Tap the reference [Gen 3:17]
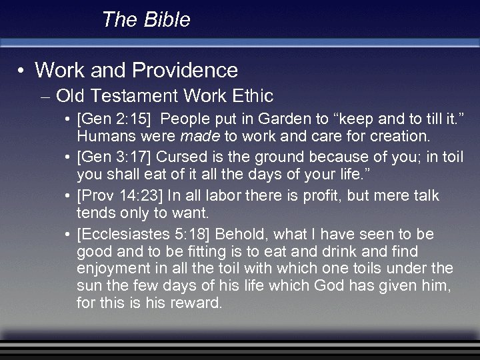click(x=113, y=157)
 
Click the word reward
click(x=199, y=304)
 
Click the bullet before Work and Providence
click(x=22, y=71)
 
